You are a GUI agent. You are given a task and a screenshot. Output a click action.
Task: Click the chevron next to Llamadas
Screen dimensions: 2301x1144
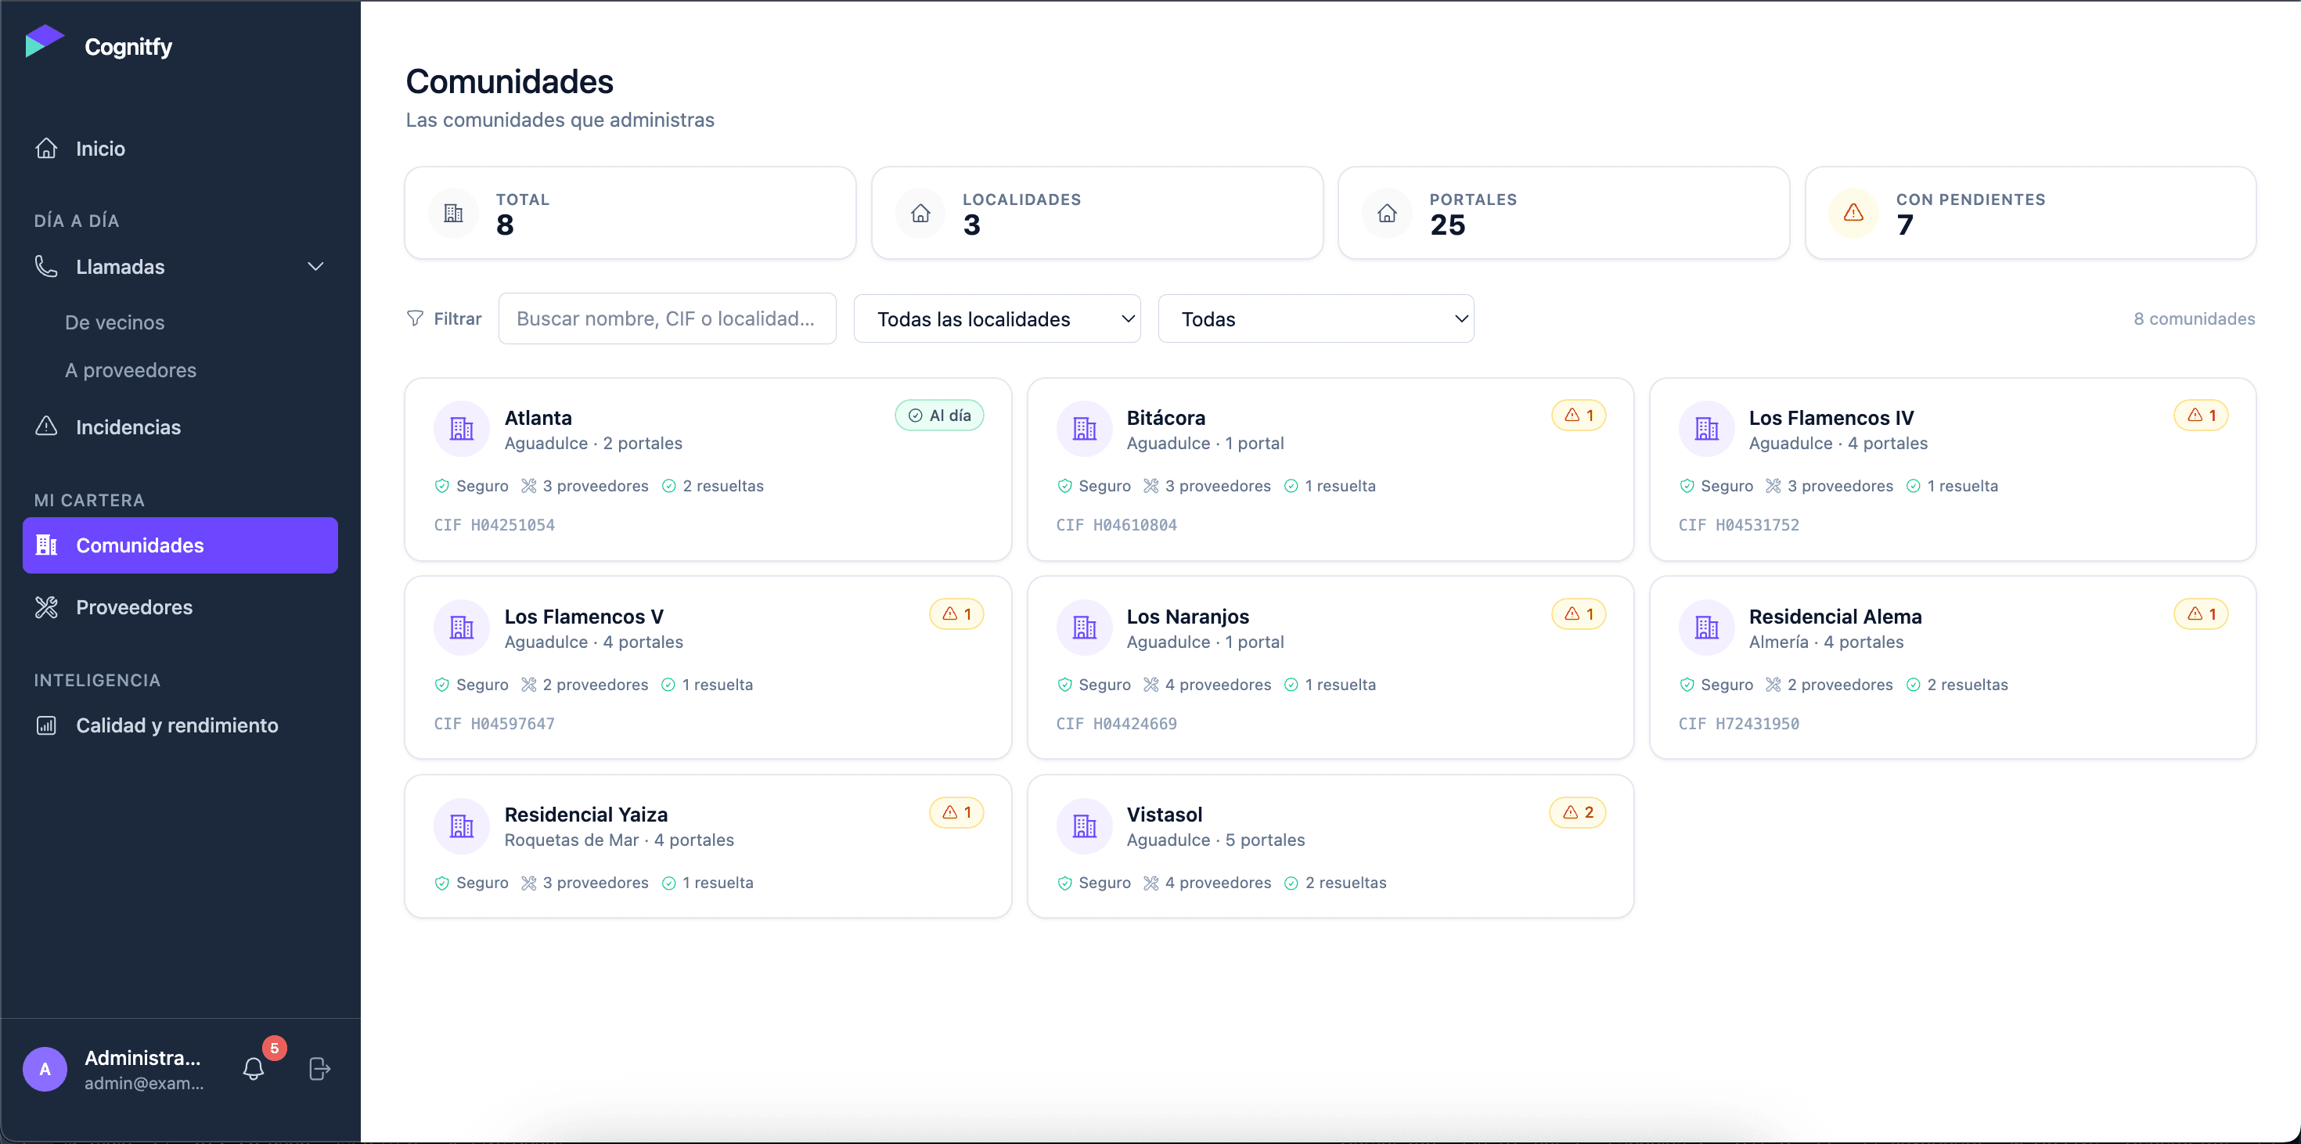[x=315, y=267]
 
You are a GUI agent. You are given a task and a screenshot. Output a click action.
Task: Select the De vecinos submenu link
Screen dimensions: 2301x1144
[x=114, y=322]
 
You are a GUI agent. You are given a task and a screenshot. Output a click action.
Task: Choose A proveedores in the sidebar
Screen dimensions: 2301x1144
[x=131, y=369]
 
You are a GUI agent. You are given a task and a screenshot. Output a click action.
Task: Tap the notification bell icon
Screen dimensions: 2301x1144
[x=254, y=1069]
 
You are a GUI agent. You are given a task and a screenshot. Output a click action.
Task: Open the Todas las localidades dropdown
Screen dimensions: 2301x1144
[x=997, y=318]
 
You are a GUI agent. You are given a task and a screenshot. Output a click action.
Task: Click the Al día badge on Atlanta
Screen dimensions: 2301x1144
[x=939, y=416]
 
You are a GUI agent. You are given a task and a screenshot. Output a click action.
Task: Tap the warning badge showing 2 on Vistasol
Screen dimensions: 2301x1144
[x=1578, y=813]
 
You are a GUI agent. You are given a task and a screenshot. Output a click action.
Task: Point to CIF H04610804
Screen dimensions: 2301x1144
[x=1117, y=525]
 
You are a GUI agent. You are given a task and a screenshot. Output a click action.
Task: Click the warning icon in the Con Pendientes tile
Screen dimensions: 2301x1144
[x=1853, y=213]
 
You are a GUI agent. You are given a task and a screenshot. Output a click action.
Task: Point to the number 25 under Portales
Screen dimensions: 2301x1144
[x=1447, y=225]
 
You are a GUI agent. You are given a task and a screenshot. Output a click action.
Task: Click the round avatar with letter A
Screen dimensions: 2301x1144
[x=45, y=1069]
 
